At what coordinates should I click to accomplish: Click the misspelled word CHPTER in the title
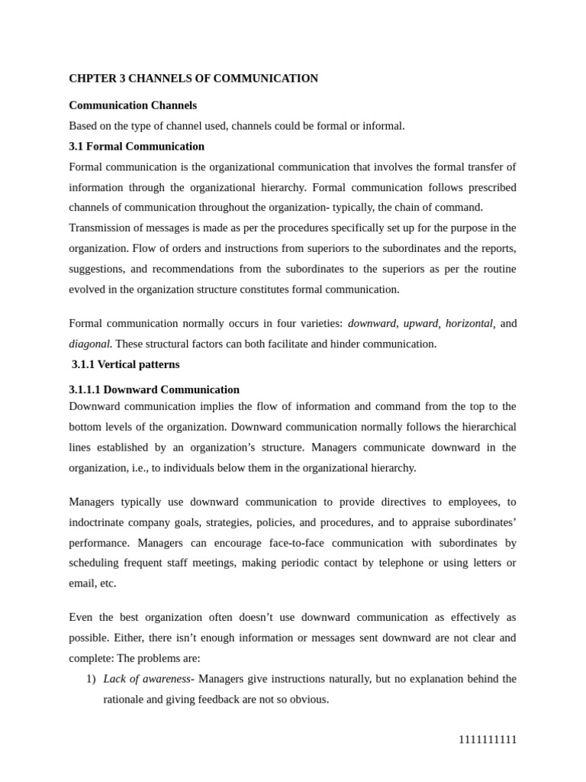pos(90,79)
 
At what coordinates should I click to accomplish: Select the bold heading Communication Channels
pos(133,105)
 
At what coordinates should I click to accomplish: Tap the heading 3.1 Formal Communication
pos(137,146)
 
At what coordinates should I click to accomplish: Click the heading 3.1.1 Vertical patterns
pos(126,364)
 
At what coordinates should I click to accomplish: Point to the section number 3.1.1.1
pos(89,389)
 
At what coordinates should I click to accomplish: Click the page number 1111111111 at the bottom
pos(488,739)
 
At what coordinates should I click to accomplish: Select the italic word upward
pos(420,324)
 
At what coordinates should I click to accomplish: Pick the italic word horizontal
pos(468,324)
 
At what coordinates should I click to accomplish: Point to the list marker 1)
pos(91,679)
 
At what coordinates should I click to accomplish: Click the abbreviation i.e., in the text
pos(138,468)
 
